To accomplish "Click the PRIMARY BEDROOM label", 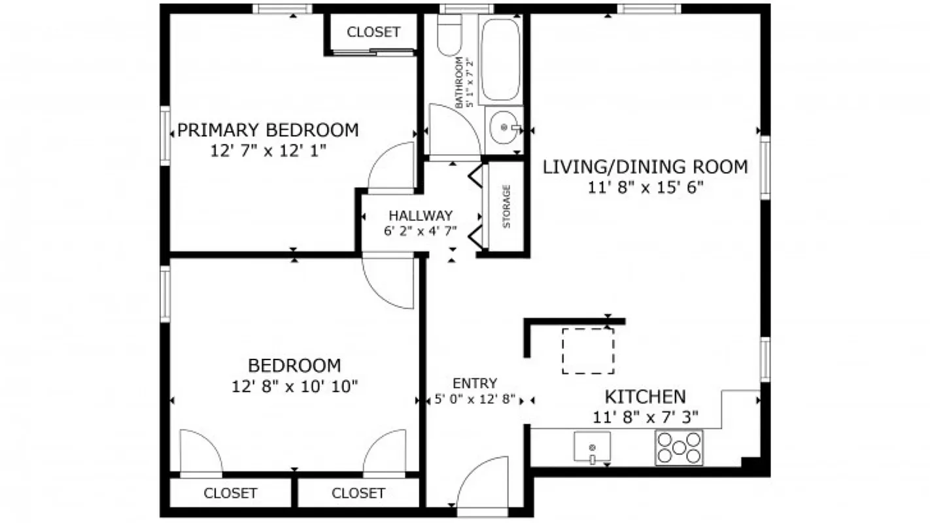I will pos(268,130).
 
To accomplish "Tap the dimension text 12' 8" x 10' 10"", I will pos(294,386).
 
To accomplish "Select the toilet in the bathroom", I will pos(449,36).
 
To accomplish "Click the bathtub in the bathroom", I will pos(501,59).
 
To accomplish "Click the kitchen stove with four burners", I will pos(679,448).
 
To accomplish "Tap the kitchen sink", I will pos(592,447).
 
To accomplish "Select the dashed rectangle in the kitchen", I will pos(588,351).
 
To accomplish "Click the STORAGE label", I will pos(506,207).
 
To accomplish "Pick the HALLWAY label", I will pos(421,215).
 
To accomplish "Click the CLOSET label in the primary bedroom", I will pos(373,32).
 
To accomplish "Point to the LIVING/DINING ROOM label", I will pos(645,167).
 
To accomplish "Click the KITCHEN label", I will pos(645,396).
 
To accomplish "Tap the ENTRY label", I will pos(475,383).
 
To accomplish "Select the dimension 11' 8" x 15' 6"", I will pos(645,188).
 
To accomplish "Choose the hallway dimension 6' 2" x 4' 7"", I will pos(421,230).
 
